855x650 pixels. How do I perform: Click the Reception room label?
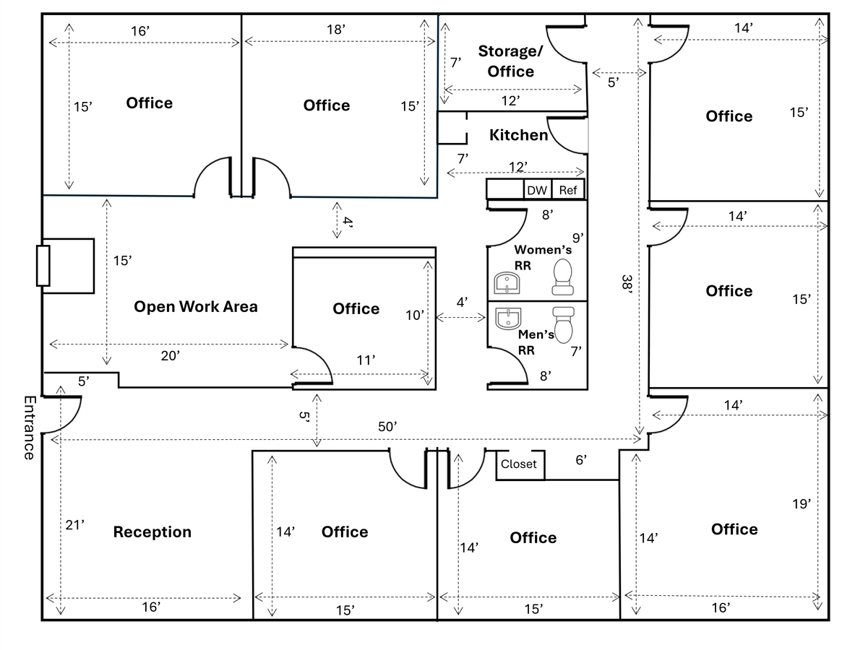pos(152,532)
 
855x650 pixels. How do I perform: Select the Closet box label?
pos(519,464)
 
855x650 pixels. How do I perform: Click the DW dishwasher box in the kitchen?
pos(537,191)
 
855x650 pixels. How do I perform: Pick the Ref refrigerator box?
pos(568,191)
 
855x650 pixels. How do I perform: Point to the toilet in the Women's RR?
pos(562,277)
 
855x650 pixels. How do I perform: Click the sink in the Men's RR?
pos(509,318)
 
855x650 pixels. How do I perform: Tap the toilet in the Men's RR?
pos(562,324)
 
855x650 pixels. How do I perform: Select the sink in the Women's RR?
pos(508,282)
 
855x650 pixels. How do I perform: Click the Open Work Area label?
pos(196,306)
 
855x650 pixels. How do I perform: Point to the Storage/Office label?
pos(510,61)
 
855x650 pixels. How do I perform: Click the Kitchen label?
pos(518,135)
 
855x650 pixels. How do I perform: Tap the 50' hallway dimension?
pos(387,427)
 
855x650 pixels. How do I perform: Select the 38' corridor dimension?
pos(627,282)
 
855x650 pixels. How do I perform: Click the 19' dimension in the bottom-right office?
pos(801,503)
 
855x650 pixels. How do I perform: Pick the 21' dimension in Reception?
pos(75,525)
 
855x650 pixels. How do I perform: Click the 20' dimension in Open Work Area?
pos(170,355)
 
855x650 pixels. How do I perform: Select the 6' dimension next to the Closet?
pos(581,459)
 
